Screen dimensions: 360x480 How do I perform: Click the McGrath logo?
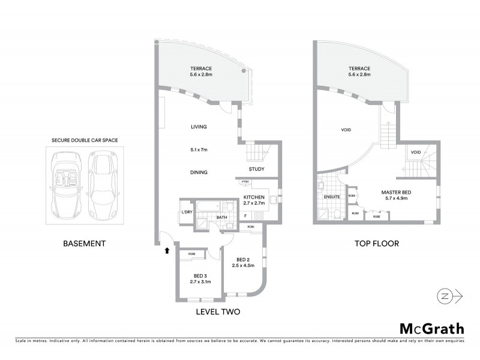point(431,328)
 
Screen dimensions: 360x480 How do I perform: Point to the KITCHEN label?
point(254,197)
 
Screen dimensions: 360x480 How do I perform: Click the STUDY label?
point(257,169)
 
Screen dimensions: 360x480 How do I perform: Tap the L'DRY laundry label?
point(186,212)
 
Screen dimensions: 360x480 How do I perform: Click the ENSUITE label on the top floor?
point(332,196)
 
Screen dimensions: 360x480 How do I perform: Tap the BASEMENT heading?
point(85,244)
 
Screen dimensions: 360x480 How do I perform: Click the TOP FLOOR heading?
point(377,244)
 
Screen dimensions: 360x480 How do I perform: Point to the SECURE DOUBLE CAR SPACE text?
point(84,140)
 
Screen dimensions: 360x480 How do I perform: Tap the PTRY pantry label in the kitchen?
point(245,182)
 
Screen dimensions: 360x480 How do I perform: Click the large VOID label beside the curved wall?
point(346,130)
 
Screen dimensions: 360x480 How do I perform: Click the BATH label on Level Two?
point(221,218)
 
